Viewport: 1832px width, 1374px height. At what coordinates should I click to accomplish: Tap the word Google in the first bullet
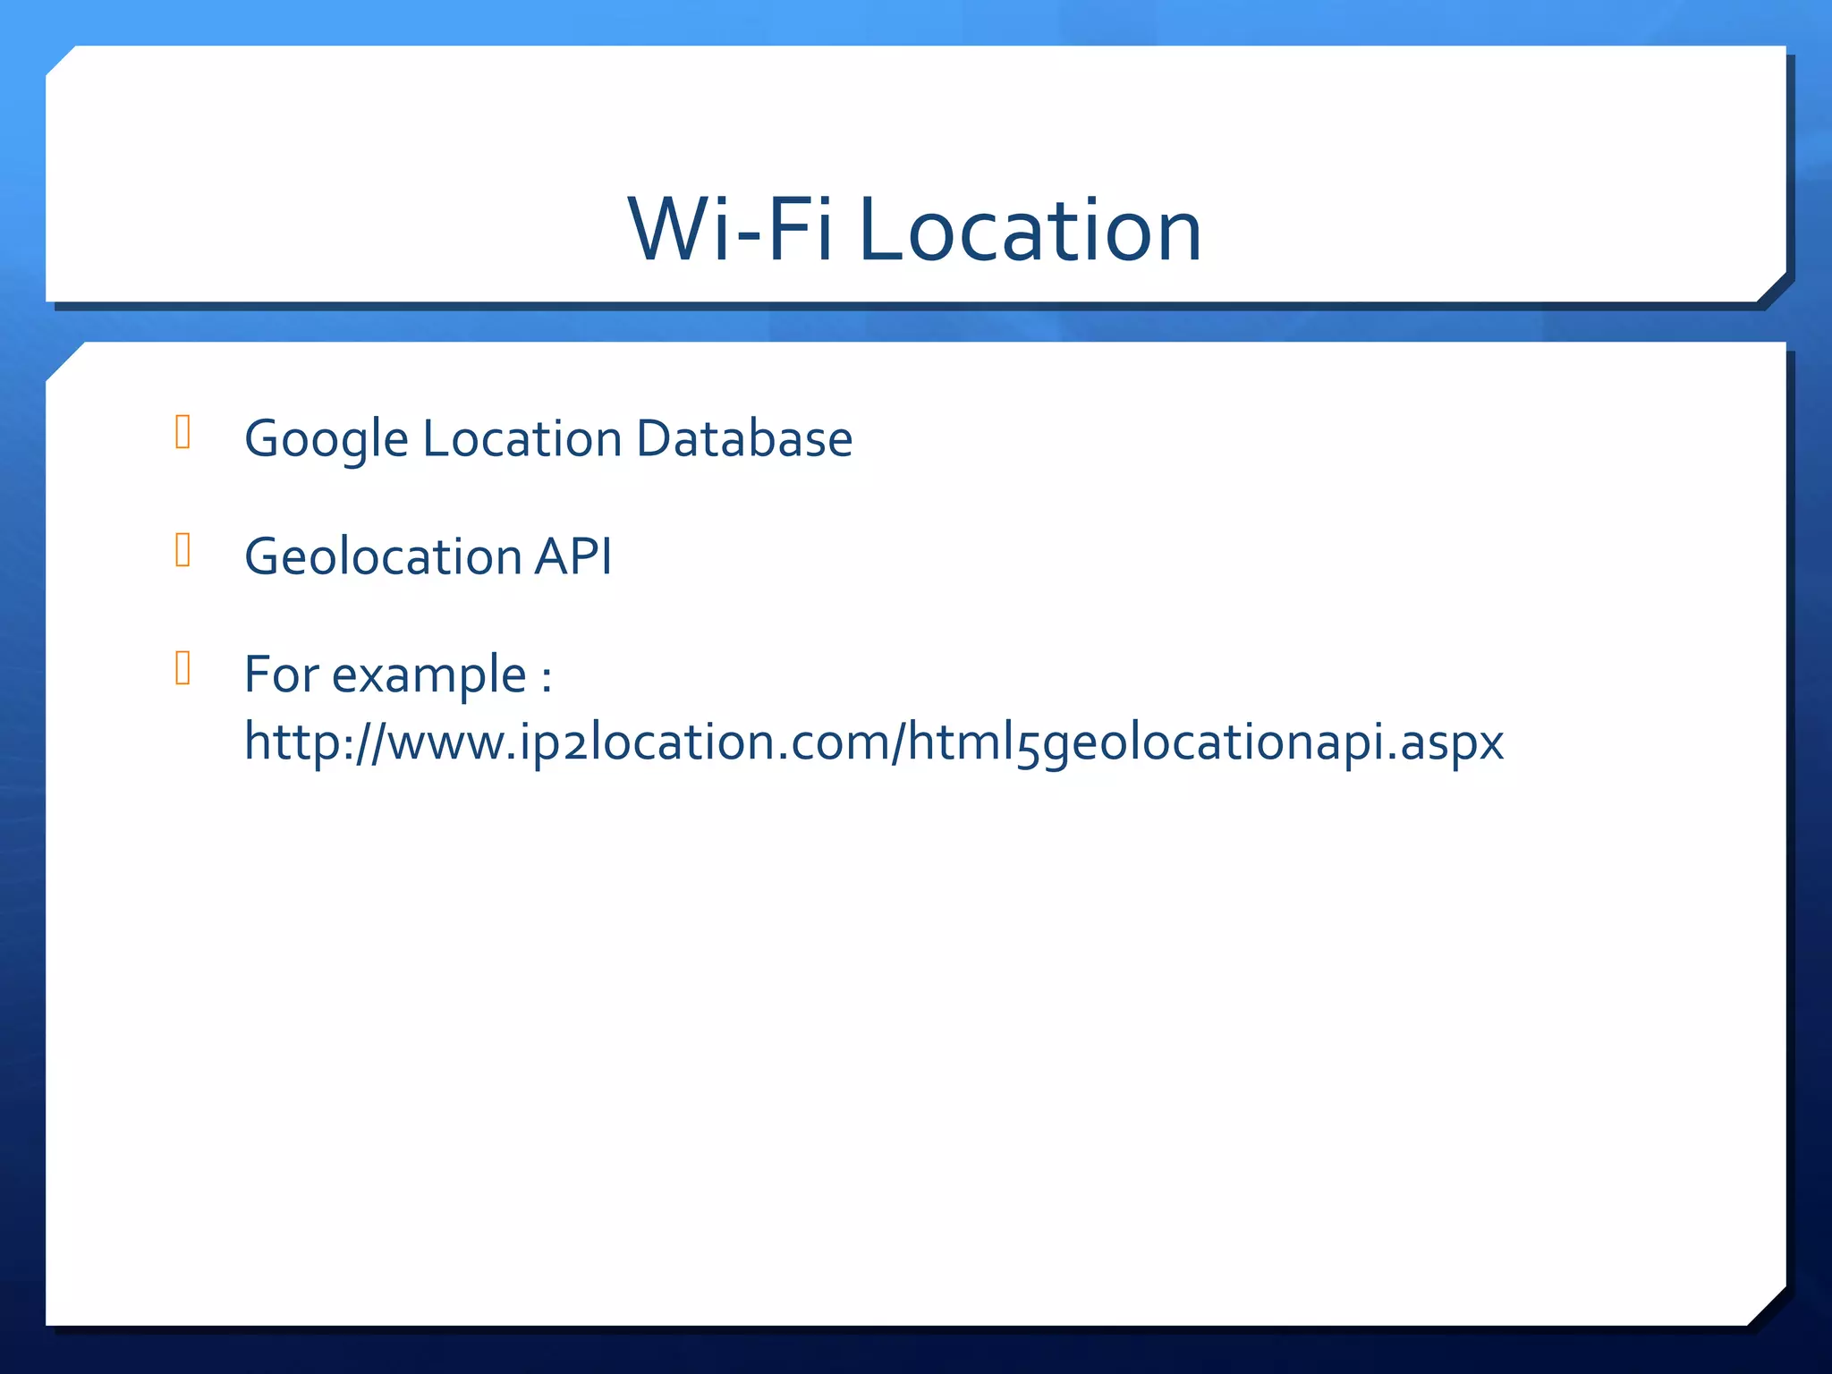tap(327, 439)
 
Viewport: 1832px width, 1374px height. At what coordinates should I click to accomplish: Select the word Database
tap(744, 438)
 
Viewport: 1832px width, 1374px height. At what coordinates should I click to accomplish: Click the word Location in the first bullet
tap(522, 438)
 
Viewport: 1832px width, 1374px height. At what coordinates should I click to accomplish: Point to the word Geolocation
tap(383, 556)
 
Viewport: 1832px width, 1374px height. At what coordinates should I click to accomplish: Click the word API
tap(573, 556)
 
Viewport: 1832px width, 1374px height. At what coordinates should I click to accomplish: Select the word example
tap(428, 675)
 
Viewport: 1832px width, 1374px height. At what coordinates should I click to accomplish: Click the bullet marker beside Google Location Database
tap(183, 432)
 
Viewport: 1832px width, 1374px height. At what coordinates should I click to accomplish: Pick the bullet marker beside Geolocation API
tap(183, 550)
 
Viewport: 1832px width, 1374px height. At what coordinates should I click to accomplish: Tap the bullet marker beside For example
tap(183, 667)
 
